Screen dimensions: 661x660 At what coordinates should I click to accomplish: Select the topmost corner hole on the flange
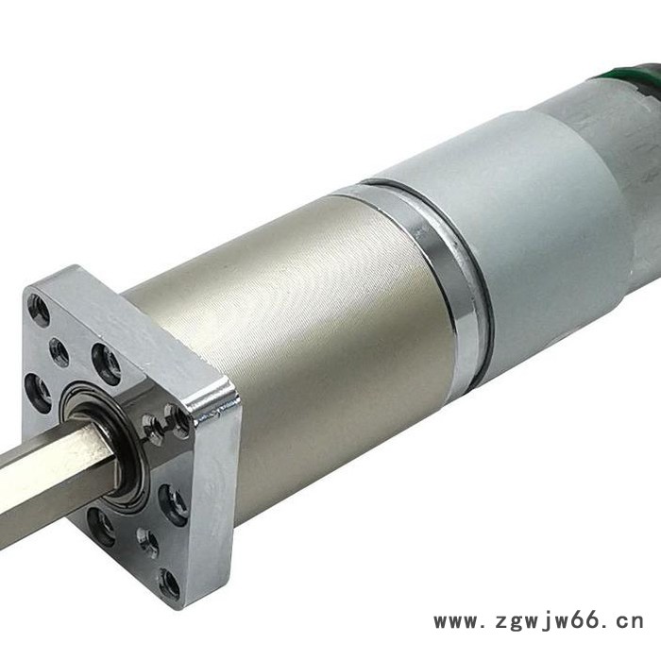[39, 311]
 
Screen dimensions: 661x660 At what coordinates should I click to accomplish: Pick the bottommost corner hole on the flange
[170, 584]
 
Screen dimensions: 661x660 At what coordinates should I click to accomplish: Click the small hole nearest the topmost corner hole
[59, 351]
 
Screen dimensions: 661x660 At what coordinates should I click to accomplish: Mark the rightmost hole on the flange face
[173, 505]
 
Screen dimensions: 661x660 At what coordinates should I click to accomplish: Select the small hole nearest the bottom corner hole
[147, 542]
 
